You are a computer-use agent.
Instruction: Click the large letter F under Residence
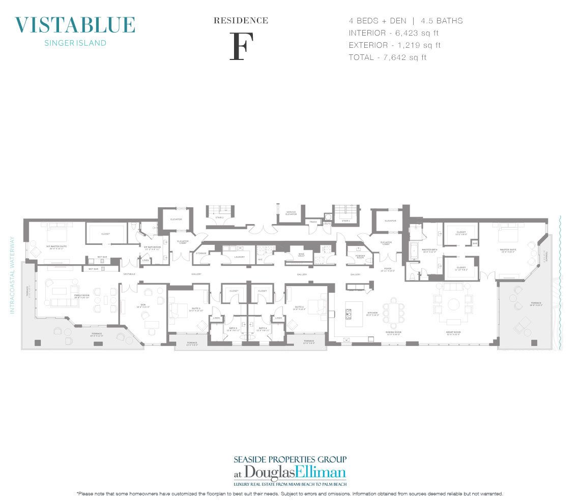click(241, 46)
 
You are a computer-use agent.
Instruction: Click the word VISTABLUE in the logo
click(75, 25)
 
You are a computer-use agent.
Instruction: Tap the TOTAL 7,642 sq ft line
click(388, 57)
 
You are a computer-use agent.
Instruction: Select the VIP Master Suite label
click(56, 246)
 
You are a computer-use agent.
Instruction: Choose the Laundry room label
click(240, 257)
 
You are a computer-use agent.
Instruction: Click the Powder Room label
click(360, 256)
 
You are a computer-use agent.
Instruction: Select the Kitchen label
click(373, 313)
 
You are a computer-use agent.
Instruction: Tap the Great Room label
click(453, 334)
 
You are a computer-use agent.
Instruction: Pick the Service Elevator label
click(291, 213)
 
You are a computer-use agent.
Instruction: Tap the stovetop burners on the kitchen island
click(351, 311)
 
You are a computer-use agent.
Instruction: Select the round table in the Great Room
click(453, 304)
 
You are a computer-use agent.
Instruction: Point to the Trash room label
click(314, 222)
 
